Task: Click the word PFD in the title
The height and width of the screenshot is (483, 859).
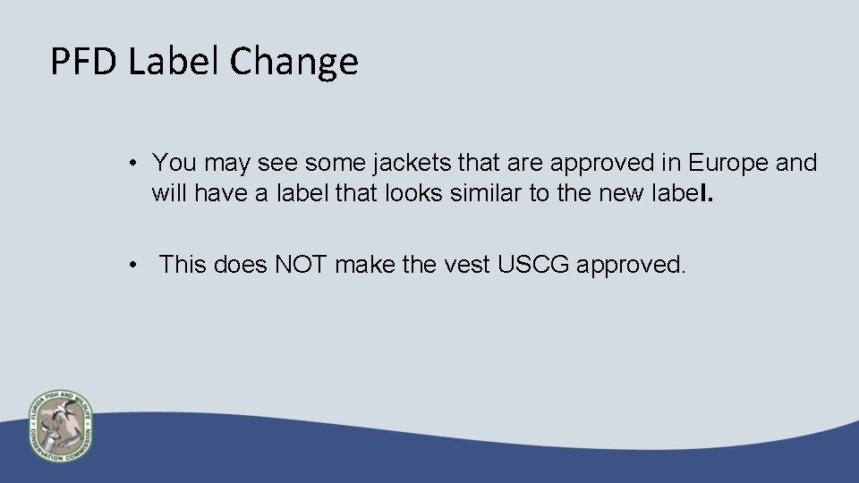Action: click(84, 62)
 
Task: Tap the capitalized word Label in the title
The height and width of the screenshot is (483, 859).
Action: click(175, 62)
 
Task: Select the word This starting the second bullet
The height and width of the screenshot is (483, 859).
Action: click(183, 264)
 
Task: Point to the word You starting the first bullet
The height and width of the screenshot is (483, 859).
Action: click(173, 163)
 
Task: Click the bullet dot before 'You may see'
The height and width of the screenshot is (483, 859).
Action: click(132, 164)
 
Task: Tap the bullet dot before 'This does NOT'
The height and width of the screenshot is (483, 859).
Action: click(132, 265)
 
